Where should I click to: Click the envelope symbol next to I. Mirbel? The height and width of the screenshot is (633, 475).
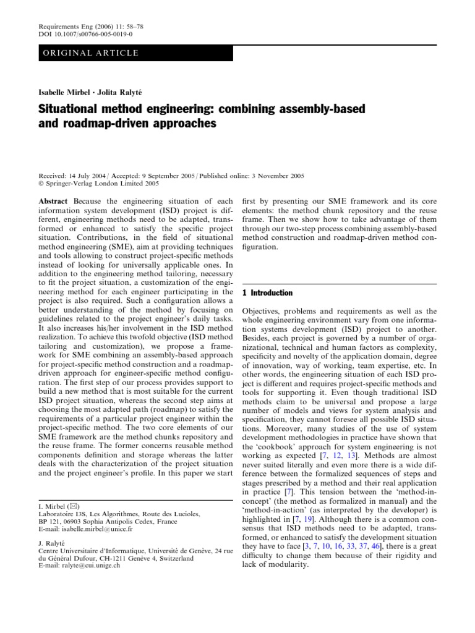click(x=71, y=507)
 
